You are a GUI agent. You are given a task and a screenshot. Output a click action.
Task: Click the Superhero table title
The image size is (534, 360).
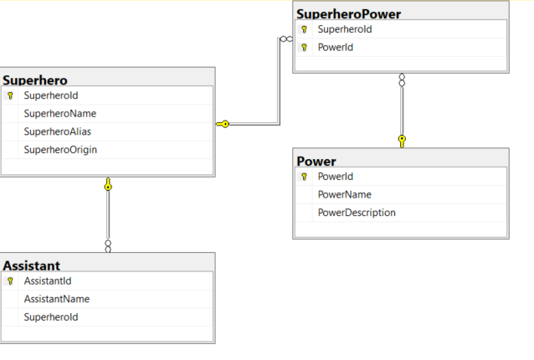(35, 80)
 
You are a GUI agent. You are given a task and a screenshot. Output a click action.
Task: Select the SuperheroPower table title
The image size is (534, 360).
(348, 13)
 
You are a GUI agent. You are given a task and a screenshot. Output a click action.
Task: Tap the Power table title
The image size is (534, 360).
(316, 161)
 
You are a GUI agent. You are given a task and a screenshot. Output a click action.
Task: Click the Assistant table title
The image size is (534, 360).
(31, 265)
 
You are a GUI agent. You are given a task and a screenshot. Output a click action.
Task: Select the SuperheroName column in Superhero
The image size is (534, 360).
(60, 114)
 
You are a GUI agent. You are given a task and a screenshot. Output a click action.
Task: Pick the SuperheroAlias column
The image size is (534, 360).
(58, 131)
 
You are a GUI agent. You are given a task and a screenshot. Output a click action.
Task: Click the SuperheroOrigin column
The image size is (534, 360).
(61, 149)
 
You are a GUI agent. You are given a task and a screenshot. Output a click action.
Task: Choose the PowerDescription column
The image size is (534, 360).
(357, 213)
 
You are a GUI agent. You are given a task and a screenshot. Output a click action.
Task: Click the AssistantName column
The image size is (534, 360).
(57, 299)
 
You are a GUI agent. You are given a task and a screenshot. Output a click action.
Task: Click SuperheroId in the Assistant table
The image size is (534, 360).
(51, 317)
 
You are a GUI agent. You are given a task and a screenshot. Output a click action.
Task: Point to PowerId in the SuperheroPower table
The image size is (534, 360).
(336, 47)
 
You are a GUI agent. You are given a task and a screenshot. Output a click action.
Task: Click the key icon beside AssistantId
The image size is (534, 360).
(10, 281)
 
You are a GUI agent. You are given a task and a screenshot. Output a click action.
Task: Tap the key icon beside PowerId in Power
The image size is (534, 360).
(304, 177)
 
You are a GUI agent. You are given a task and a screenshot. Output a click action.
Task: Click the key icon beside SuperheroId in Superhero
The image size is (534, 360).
(10, 96)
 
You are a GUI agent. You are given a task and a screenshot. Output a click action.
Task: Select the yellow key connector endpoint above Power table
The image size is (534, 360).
(402, 140)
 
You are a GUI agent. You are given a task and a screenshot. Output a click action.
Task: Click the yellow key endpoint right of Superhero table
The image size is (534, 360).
(223, 124)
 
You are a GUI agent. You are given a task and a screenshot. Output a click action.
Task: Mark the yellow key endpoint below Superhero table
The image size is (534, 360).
(108, 184)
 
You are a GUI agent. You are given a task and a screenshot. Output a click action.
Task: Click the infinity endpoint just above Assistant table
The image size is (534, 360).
(108, 246)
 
